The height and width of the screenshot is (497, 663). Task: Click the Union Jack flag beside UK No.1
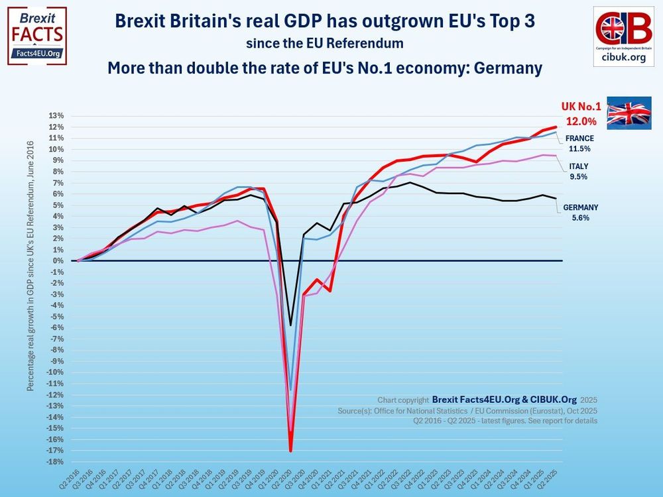(630, 113)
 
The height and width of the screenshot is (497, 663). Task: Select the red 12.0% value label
(581, 122)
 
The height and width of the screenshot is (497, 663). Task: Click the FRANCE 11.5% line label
(579, 144)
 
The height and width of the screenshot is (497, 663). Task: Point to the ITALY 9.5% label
(578, 172)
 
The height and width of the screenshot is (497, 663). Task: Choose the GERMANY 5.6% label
(580, 212)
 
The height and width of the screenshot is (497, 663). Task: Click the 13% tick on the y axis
(56, 116)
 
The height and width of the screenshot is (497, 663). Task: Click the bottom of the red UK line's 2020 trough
(290, 451)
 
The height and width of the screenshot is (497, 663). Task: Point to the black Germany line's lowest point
(290, 325)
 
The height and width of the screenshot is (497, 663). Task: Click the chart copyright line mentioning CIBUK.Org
(487, 400)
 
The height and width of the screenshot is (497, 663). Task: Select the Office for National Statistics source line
(467, 411)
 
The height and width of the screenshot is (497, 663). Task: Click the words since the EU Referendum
(324, 44)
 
